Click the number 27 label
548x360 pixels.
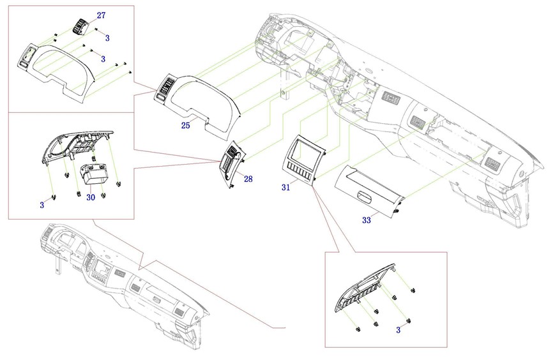(102, 14)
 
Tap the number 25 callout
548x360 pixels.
(185, 126)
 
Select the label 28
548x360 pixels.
(248, 179)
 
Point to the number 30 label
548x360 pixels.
(91, 198)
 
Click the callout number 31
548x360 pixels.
(285, 187)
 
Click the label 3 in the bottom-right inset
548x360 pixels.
(399, 330)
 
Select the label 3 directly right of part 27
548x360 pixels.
(107, 38)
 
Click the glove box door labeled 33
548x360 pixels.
(367, 191)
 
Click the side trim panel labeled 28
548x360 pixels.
(231, 164)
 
